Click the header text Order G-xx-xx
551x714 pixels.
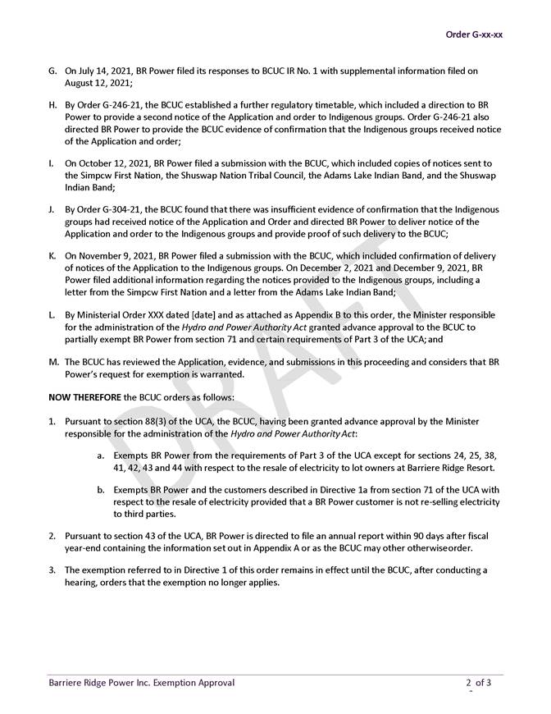(473, 34)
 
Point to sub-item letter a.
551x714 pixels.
(100, 455)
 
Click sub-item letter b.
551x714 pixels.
(100, 490)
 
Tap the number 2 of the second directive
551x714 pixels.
(51, 535)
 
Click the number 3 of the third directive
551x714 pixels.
(51, 570)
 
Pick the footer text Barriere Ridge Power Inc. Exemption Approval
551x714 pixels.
(141, 682)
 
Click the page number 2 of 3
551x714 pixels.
(479, 682)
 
